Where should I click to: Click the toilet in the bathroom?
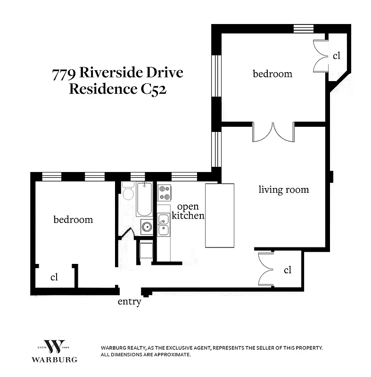point(128,193)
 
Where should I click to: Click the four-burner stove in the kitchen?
point(164,192)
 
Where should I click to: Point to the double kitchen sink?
point(164,225)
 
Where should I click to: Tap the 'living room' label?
point(283,190)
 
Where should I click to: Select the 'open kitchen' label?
point(188,211)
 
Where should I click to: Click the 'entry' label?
point(129,302)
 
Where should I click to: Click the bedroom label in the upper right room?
point(272,74)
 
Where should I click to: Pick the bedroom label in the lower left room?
point(73,220)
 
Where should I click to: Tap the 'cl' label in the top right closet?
point(336,56)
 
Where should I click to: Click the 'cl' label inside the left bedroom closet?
point(54,277)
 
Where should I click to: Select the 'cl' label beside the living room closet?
point(288,270)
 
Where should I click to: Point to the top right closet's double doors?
point(321,56)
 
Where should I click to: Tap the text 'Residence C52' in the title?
point(117,89)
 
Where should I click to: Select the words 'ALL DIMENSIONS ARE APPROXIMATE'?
point(146,354)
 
